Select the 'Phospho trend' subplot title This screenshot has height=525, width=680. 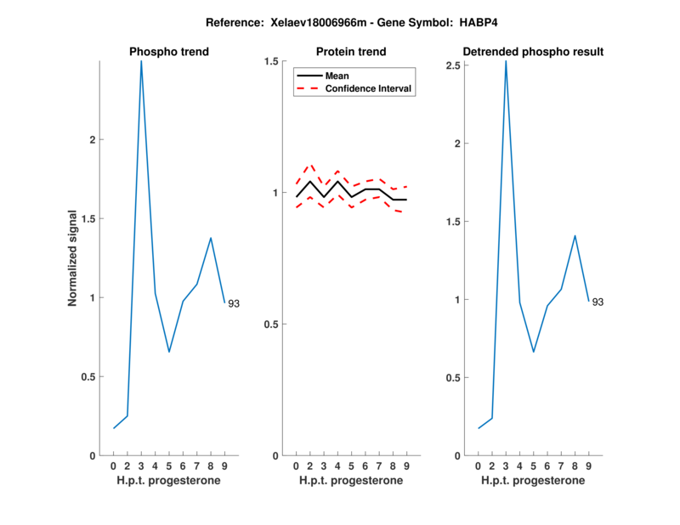coord(169,52)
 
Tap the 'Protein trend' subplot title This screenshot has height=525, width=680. coord(351,52)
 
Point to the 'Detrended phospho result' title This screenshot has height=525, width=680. coord(533,52)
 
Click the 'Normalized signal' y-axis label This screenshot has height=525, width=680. coord(73,258)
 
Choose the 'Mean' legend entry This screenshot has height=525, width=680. coord(337,76)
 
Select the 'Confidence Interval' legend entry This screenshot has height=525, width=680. coord(369,88)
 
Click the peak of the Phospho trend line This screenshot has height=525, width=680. coord(141,61)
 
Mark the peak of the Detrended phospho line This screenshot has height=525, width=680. coord(506,61)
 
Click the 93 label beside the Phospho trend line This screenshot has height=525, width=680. coord(234,303)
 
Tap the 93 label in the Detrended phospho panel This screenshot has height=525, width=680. coord(598,302)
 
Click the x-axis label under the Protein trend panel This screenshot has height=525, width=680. coord(351,481)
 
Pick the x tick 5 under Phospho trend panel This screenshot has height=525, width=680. coord(169,466)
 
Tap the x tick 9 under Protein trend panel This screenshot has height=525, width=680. coord(406,466)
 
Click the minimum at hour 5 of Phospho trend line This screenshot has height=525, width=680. coord(169,351)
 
